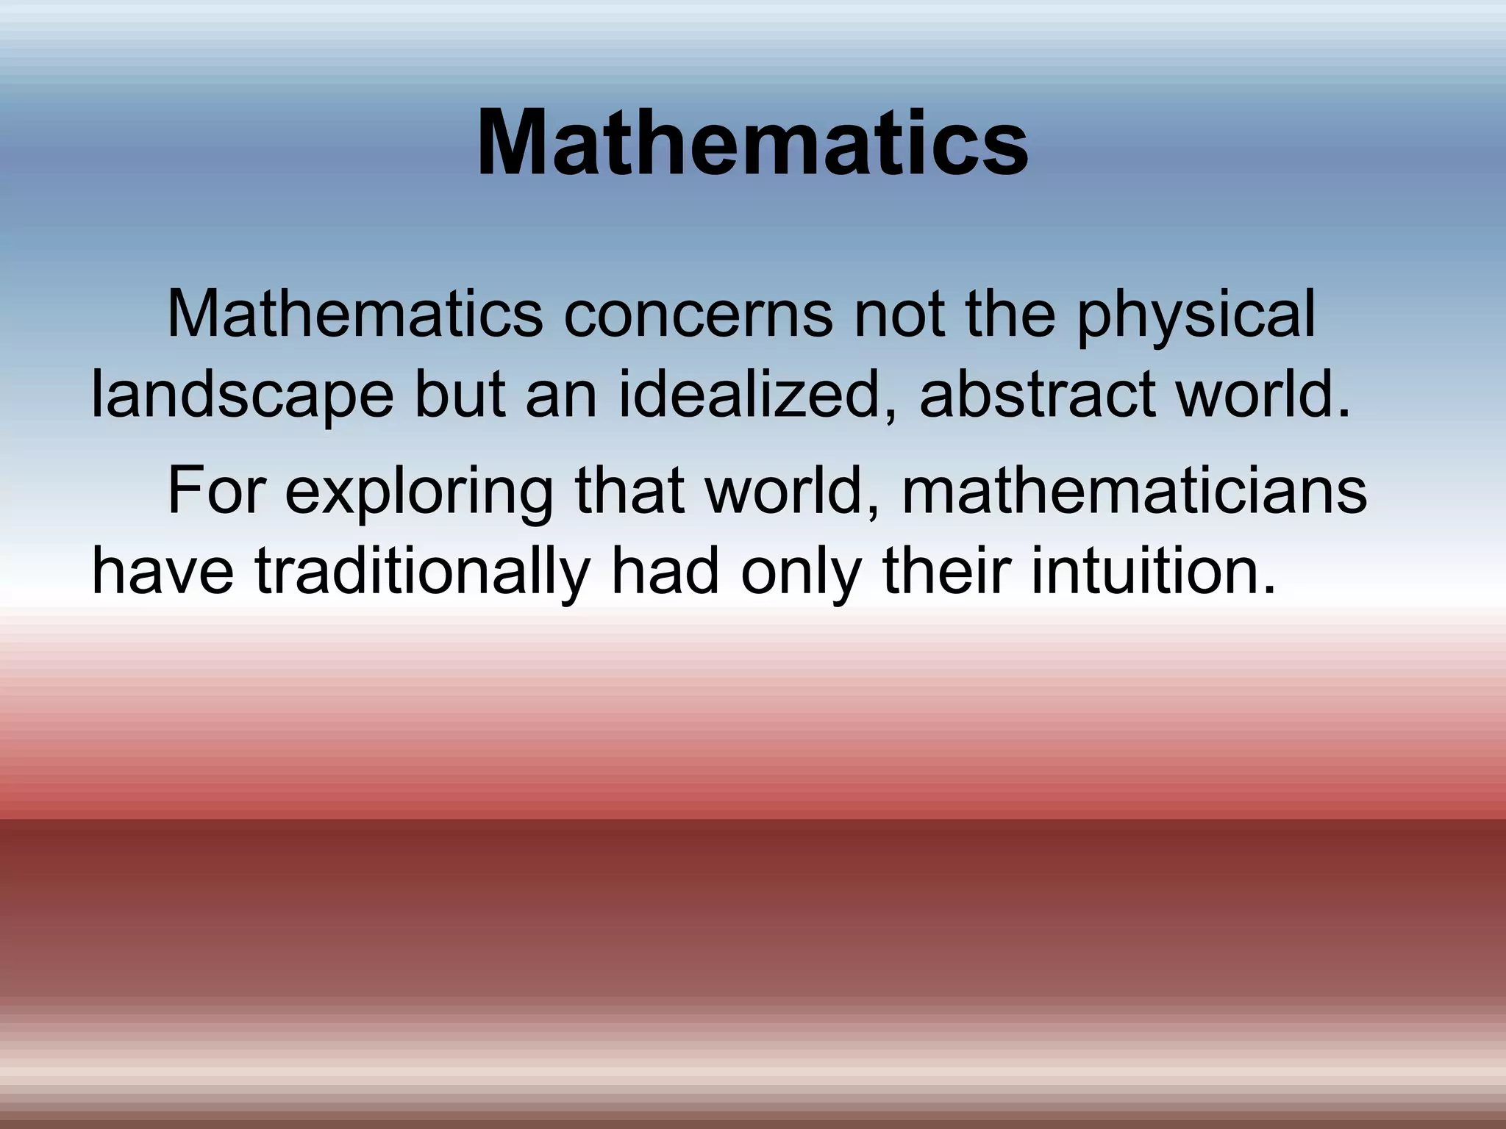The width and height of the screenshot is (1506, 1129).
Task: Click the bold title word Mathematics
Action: (752, 143)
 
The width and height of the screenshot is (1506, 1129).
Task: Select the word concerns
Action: (698, 315)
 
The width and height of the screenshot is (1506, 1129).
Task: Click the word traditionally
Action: (423, 574)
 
